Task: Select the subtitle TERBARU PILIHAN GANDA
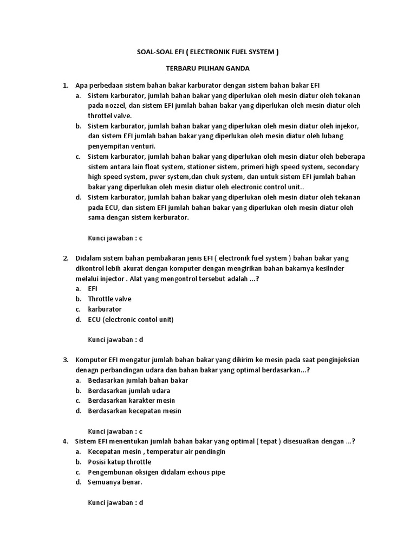pyautogui.click(x=207, y=69)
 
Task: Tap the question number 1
pyautogui.click(x=65, y=86)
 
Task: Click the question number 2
pyautogui.click(x=65, y=258)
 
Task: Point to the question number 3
pyautogui.click(x=65, y=360)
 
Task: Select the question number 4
pyautogui.click(x=65, y=441)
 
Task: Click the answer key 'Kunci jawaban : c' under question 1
pyautogui.click(x=115, y=238)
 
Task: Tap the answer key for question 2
pyautogui.click(x=115, y=340)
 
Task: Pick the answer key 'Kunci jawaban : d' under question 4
pyautogui.click(x=115, y=502)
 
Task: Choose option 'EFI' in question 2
pyautogui.click(x=93, y=289)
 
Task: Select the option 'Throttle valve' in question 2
pyautogui.click(x=109, y=299)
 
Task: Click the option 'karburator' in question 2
pyautogui.click(x=105, y=309)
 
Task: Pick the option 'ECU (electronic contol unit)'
pyautogui.click(x=131, y=319)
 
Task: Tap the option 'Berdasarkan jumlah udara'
pyautogui.click(x=129, y=390)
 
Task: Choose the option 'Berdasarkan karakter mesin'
pyautogui.click(x=131, y=401)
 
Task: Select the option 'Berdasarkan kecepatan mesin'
pyautogui.click(x=134, y=411)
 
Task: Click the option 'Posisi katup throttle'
pyautogui.click(x=119, y=462)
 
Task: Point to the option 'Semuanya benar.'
pyautogui.click(x=115, y=482)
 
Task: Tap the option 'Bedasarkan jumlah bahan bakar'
pyautogui.click(x=138, y=380)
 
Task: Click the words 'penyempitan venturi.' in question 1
pyautogui.click(x=121, y=146)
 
